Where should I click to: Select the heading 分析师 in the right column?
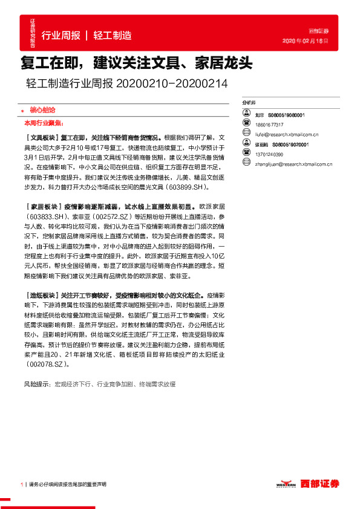click(248, 103)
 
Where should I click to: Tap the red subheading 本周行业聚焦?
click(42, 122)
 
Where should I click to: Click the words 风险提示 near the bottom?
click(37, 384)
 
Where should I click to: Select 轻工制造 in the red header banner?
click(113, 36)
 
